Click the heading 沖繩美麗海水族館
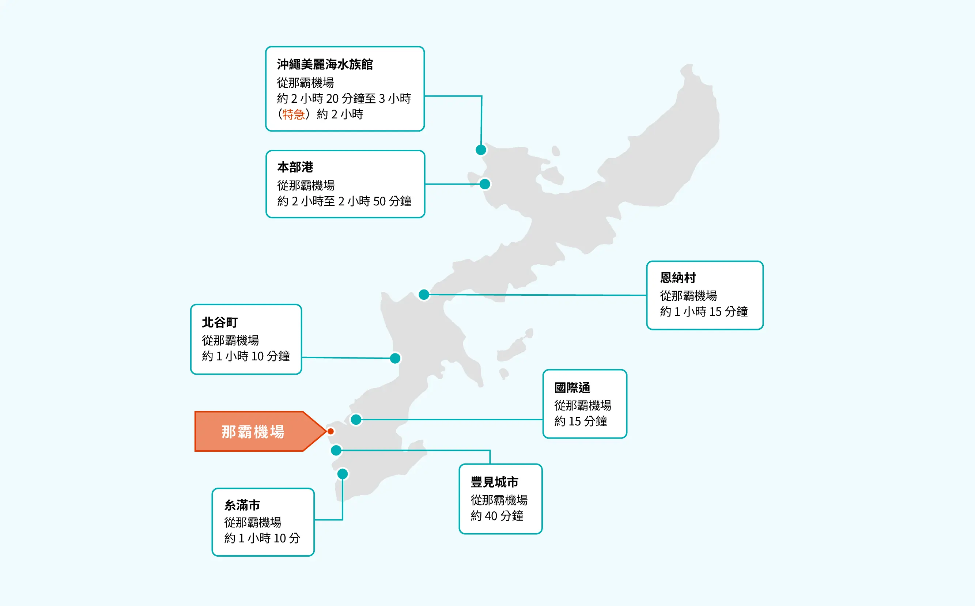coord(325,64)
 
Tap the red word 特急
coord(293,115)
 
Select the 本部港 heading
coord(295,167)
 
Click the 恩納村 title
coord(677,278)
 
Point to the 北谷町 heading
coord(220,322)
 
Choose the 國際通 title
coord(572,388)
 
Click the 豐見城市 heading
coord(494,482)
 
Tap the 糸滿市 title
coord(242,505)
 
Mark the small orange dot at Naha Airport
coord(331,431)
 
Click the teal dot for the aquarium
coord(481,150)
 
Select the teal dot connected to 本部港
coord(485,184)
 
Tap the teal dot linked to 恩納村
coord(424,295)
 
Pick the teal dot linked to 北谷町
coord(395,358)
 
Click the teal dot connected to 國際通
coord(356,420)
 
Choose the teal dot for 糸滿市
coord(343,474)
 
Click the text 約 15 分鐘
coord(581,421)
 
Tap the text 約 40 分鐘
coord(497,516)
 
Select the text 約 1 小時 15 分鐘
coord(704,311)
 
